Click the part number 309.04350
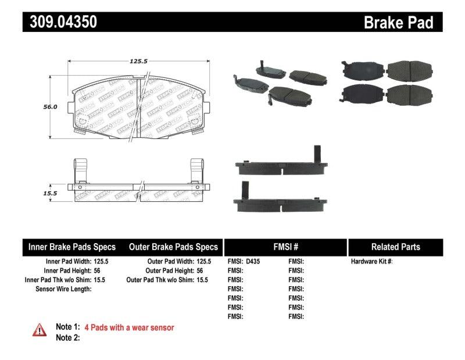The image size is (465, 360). tap(60, 22)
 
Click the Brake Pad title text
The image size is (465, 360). tap(398, 23)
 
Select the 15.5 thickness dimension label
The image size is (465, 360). tap(50, 193)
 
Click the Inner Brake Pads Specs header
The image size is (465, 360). tap(72, 247)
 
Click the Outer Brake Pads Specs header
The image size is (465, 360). tap(173, 247)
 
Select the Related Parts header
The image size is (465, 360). tap(395, 247)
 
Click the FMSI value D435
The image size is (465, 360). tap(254, 262)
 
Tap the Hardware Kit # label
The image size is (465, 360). tap(371, 262)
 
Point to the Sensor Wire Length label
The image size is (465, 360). tap(63, 289)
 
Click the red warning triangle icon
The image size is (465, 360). tap(40, 330)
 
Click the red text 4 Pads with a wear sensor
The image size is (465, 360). tap(129, 327)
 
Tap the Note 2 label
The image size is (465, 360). tap(67, 337)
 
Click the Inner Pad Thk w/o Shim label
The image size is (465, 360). tap(58, 280)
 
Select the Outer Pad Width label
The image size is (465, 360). tap(168, 262)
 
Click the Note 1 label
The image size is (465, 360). tap(67, 327)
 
